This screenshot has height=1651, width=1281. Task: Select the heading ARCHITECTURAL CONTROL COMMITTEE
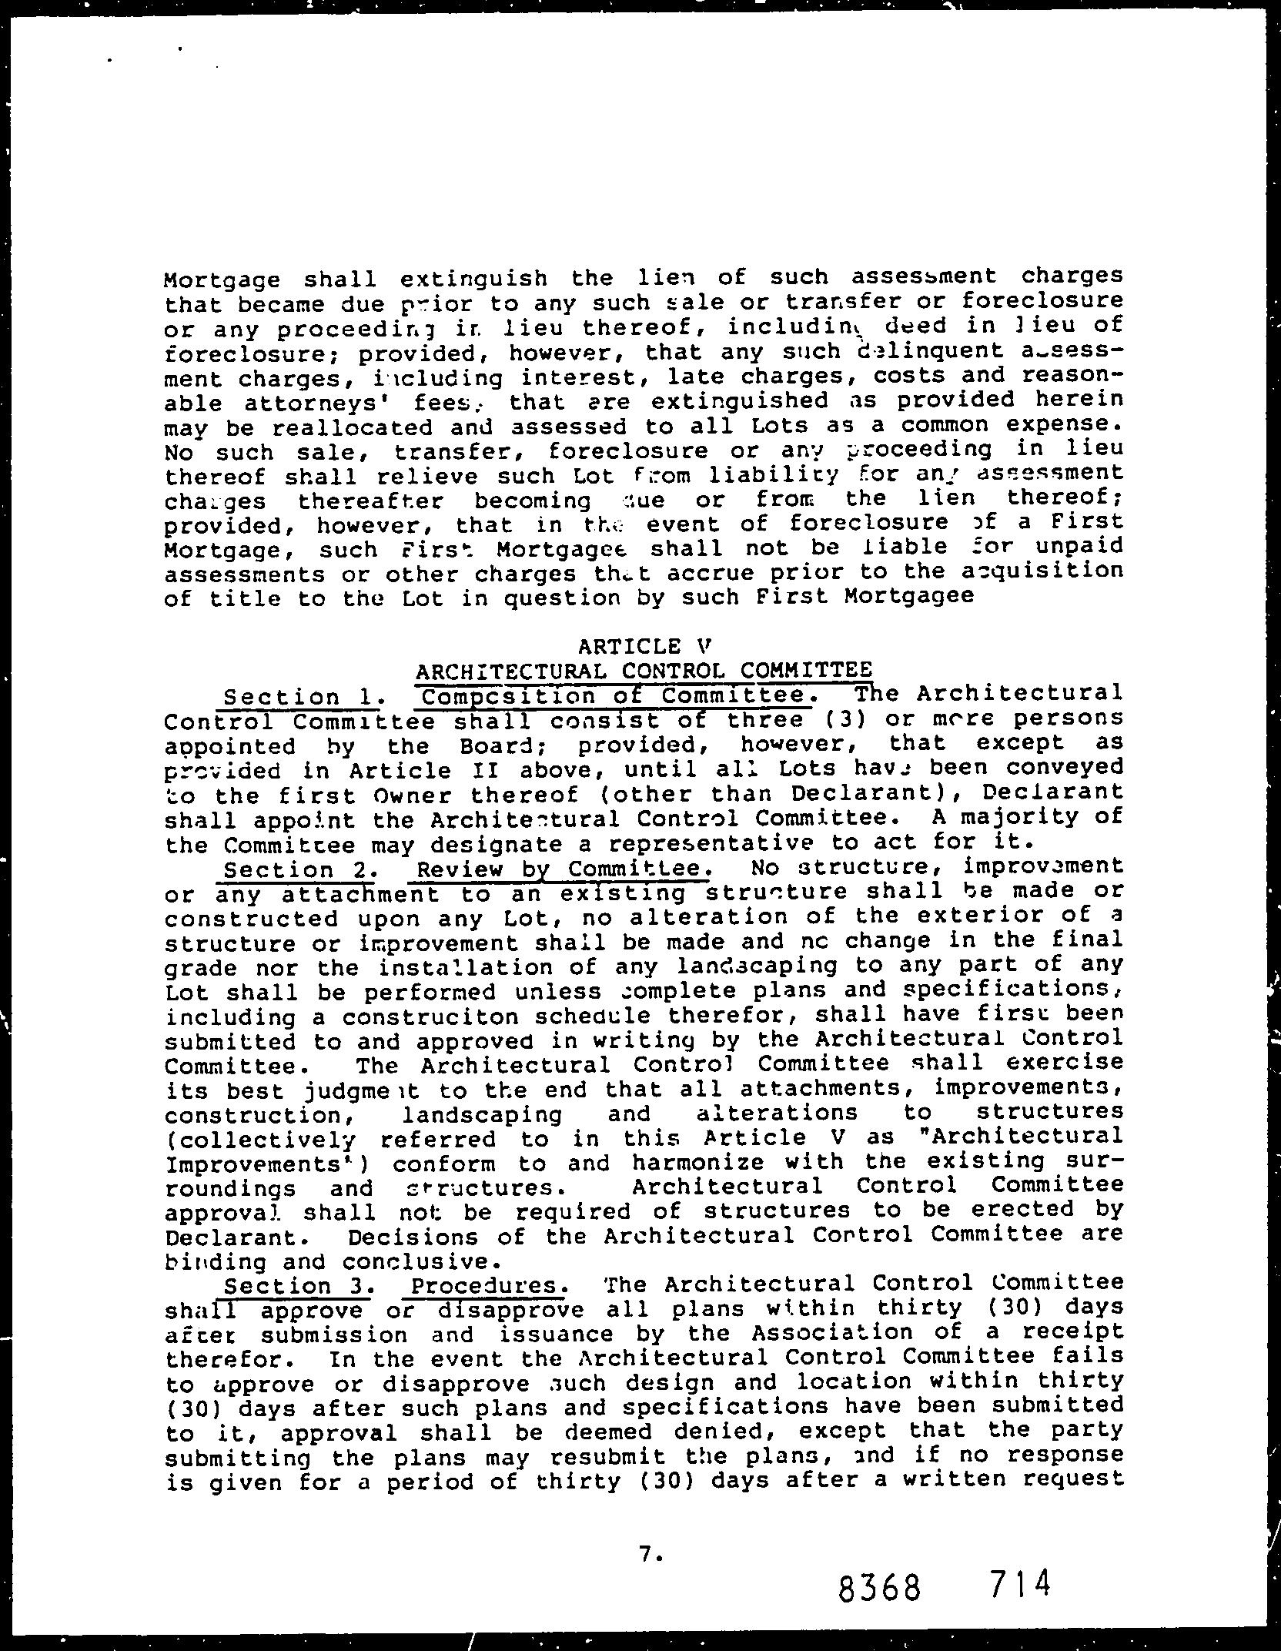click(644, 670)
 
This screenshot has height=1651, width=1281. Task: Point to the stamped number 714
click(1018, 1582)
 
